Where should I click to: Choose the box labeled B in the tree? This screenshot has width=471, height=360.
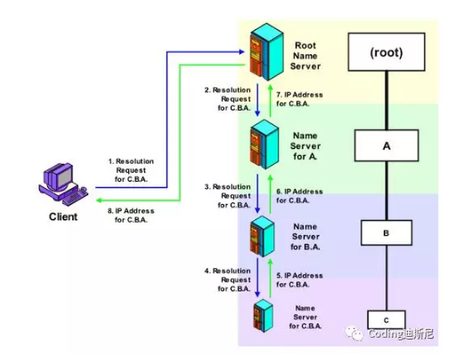click(386, 232)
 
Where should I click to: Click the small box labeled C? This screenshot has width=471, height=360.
click(386, 318)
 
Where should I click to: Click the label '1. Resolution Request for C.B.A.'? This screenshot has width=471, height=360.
click(131, 169)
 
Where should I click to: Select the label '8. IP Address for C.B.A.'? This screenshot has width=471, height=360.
click(131, 216)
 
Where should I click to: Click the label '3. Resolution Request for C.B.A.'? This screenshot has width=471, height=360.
click(228, 195)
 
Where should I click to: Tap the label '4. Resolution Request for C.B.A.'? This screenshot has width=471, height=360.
click(228, 280)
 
